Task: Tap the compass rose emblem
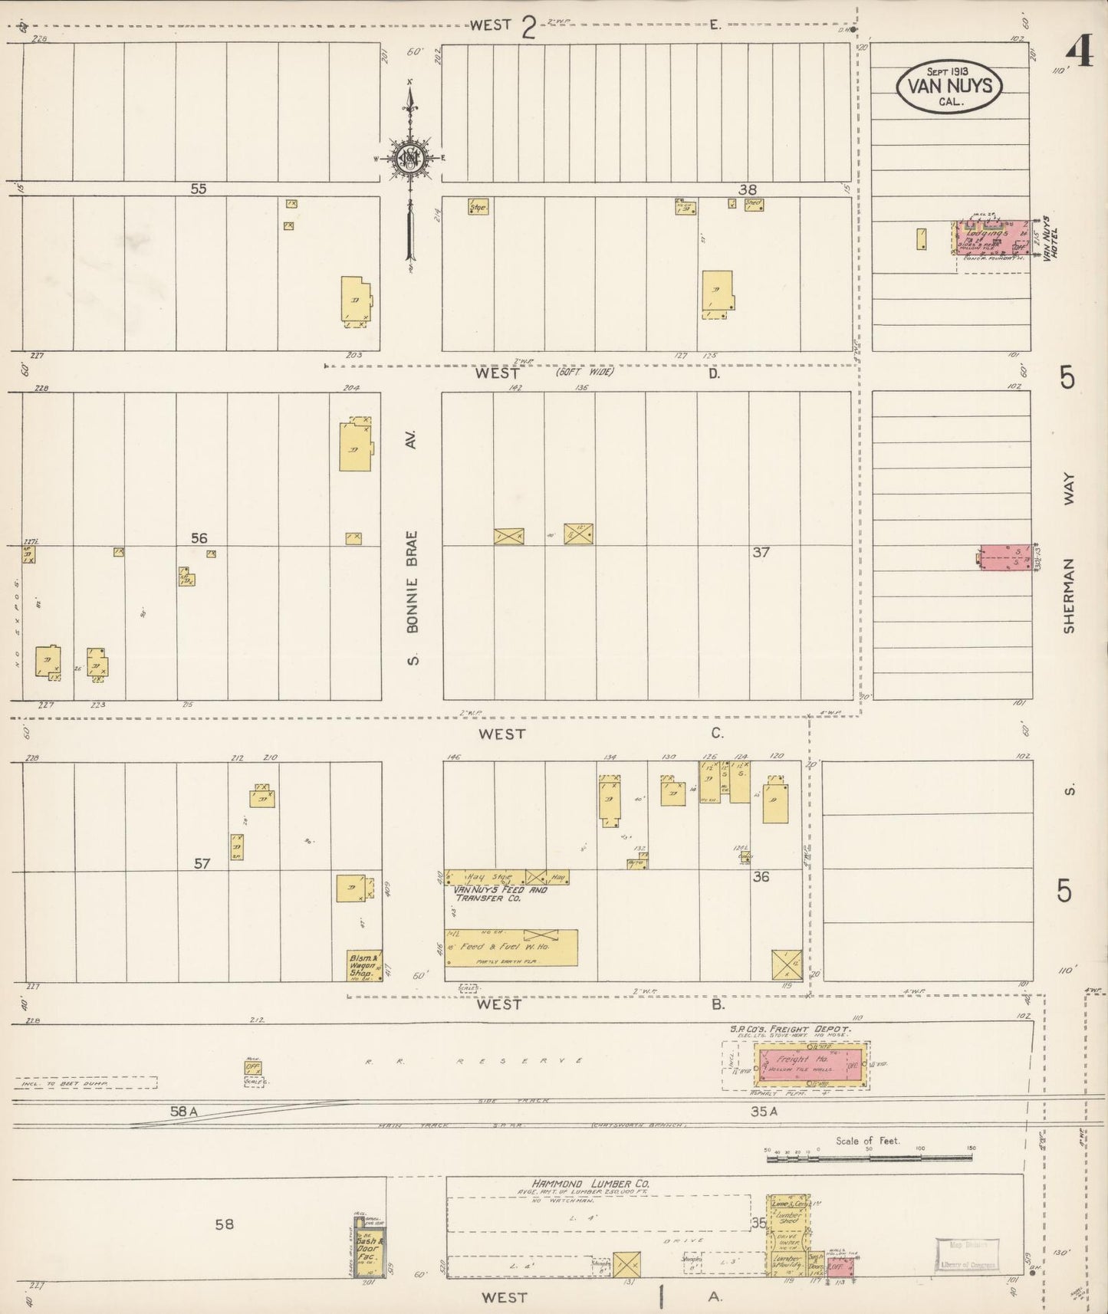coord(410,158)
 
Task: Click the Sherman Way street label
coord(1069,552)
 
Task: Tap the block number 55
coord(199,188)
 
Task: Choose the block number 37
coord(760,551)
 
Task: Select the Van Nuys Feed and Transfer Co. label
coord(500,894)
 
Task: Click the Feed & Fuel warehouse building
coord(511,948)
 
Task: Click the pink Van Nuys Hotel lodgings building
coord(989,237)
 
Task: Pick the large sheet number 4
coord(1080,54)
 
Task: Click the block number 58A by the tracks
coord(185,1110)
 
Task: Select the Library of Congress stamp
coord(967,1254)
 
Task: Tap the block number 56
coord(199,538)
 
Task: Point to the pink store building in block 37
coord(1005,557)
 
